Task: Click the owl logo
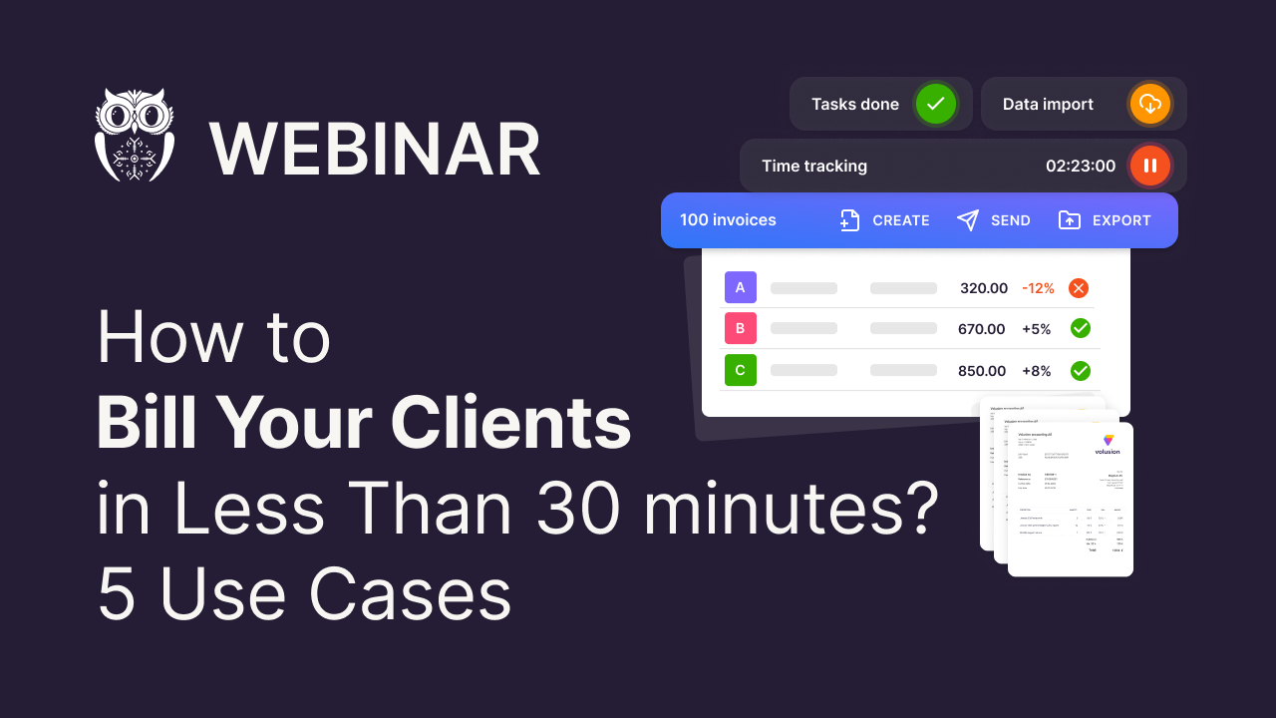(x=135, y=135)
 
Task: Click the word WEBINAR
(x=375, y=151)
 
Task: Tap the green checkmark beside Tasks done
(x=936, y=104)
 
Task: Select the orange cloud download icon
(x=1149, y=104)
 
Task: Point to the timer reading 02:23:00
(x=1081, y=166)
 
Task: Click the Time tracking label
(x=814, y=166)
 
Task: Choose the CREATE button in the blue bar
(x=885, y=220)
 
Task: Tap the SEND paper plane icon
(x=968, y=220)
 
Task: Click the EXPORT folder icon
(x=1069, y=220)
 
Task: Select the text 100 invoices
(x=728, y=220)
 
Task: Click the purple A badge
(x=740, y=288)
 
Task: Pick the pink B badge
(x=740, y=328)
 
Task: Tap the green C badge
(x=740, y=370)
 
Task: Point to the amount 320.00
(x=984, y=288)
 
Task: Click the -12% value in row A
(x=1038, y=288)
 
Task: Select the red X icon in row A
(x=1079, y=288)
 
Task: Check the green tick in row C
(x=1080, y=370)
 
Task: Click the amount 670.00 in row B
(x=982, y=328)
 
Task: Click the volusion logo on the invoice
(x=1108, y=444)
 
